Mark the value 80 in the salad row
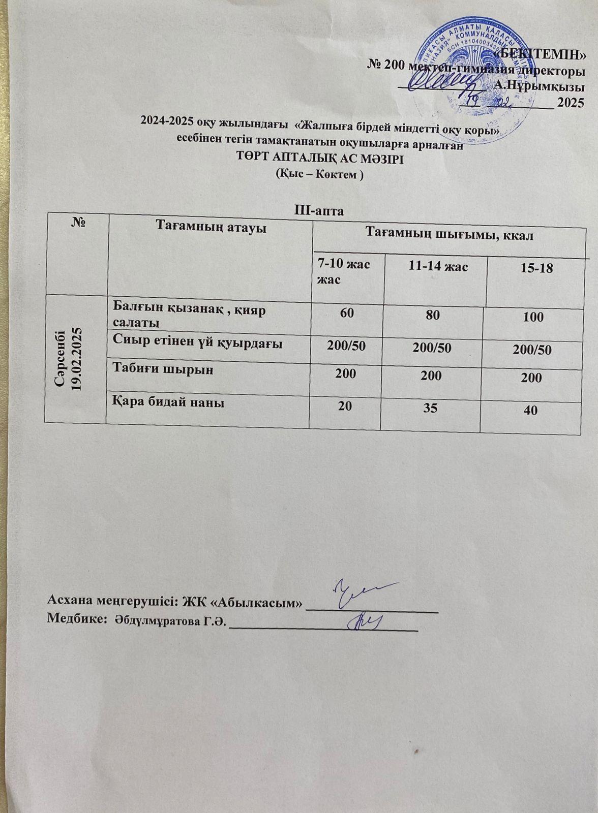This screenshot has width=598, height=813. click(433, 315)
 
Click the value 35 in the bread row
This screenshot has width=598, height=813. click(431, 407)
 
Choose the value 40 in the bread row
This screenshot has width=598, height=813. click(530, 410)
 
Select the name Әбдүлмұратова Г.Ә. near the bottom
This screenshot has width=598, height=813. click(170, 620)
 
